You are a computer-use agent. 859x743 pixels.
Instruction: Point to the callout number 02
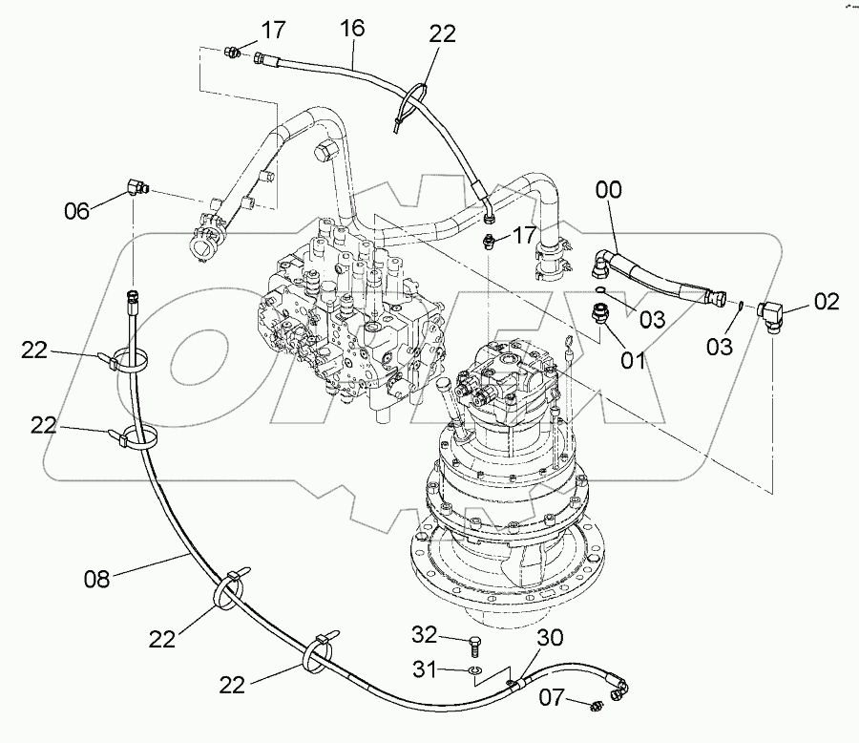tap(827, 303)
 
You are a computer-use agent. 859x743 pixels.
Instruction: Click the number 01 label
tap(631, 361)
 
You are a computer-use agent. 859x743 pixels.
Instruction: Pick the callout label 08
tap(97, 577)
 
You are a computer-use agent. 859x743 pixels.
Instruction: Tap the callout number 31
tap(425, 669)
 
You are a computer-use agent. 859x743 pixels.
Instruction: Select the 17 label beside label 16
tap(273, 30)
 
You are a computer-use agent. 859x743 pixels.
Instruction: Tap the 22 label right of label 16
tap(442, 34)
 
